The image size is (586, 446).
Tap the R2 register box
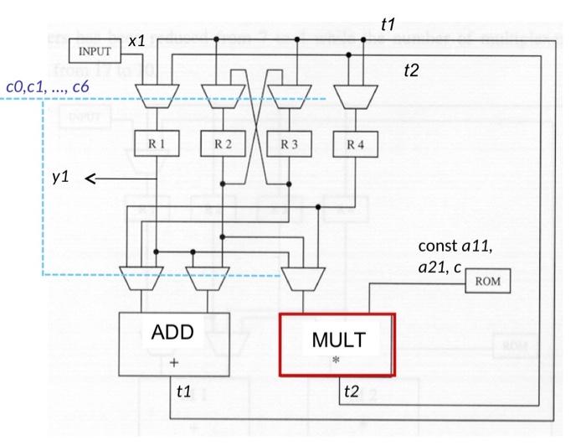point(223,143)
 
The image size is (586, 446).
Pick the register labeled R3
point(290,143)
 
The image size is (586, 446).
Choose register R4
point(356,143)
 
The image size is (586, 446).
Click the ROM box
point(487,281)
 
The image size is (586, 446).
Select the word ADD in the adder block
point(172,332)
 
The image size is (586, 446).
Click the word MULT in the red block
point(338,340)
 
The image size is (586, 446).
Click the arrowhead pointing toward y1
point(90,179)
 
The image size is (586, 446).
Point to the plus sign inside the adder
point(173,363)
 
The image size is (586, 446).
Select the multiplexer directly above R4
point(355,96)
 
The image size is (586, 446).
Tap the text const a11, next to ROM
point(455,246)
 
